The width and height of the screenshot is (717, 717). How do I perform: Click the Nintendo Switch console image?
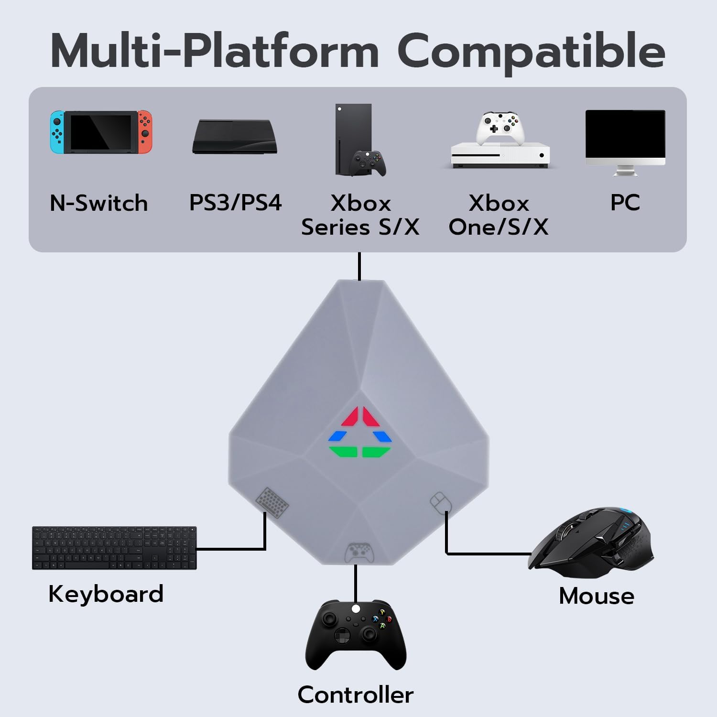click(x=101, y=132)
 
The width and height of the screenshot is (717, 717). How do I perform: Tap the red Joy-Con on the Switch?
click(x=145, y=132)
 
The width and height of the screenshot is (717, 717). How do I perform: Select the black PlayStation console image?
click(x=235, y=137)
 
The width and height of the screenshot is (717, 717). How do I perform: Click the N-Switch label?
click(x=99, y=203)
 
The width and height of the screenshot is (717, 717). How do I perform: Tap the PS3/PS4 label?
click(x=235, y=202)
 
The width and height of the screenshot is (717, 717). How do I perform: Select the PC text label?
click(x=625, y=202)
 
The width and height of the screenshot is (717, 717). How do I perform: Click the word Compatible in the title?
click(x=531, y=52)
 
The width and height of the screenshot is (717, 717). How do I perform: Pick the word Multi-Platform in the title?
click(x=215, y=51)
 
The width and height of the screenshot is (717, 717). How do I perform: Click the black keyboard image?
click(x=114, y=548)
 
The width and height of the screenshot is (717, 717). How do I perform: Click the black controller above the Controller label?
click(x=356, y=634)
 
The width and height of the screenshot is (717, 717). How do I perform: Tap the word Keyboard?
click(x=106, y=594)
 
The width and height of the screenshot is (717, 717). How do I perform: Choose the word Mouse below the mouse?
click(x=597, y=596)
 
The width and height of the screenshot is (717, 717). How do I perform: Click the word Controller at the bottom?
click(x=356, y=695)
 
